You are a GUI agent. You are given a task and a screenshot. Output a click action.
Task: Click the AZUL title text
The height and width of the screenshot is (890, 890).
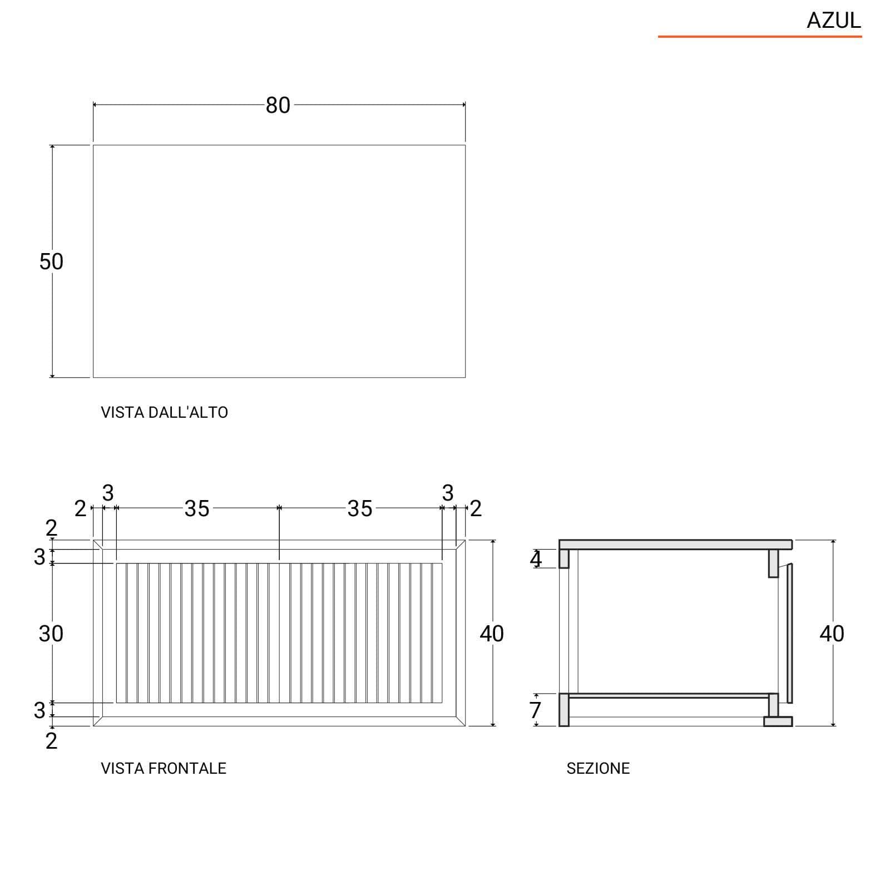point(833,21)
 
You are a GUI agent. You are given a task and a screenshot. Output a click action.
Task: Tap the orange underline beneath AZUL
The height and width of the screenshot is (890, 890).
point(760,37)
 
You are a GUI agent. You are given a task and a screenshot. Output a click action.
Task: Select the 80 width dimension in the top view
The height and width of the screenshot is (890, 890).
point(278,105)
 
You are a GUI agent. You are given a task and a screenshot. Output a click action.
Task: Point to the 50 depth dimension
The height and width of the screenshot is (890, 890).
point(51,261)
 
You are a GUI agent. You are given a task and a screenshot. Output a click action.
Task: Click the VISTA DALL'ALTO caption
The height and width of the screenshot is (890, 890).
point(164,412)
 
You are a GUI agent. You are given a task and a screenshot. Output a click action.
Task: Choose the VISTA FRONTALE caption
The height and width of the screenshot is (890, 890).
point(164,768)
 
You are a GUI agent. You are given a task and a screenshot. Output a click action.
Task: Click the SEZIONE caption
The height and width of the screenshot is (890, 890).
point(598,768)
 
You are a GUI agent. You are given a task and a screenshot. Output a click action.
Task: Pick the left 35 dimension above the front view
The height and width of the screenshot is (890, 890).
point(197,508)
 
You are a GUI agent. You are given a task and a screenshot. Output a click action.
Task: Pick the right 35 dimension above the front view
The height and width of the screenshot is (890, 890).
point(360,508)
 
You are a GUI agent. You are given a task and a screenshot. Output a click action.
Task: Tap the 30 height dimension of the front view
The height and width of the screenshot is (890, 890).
point(51,634)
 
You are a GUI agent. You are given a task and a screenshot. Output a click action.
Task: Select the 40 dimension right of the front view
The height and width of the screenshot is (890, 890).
point(492,634)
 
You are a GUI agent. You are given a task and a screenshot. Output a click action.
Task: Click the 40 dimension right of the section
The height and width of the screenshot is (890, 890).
point(832,634)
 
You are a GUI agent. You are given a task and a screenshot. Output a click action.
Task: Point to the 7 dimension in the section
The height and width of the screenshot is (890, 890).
point(535,710)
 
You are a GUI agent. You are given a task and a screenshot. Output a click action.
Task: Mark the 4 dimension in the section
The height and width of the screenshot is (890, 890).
point(536,559)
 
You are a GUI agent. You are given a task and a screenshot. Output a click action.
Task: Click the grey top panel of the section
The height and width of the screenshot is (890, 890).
point(675,545)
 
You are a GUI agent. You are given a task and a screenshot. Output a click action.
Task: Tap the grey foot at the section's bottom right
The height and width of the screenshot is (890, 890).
point(778,721)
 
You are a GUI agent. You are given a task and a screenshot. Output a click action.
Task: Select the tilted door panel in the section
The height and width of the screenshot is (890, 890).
point(789,634)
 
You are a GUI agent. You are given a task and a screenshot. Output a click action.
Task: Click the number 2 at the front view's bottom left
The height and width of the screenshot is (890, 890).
point(51,741)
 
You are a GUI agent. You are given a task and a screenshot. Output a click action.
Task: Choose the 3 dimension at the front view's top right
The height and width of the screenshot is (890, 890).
point(448,493)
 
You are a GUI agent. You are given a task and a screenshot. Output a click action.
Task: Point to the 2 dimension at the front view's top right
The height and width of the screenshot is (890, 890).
point(476,508)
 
